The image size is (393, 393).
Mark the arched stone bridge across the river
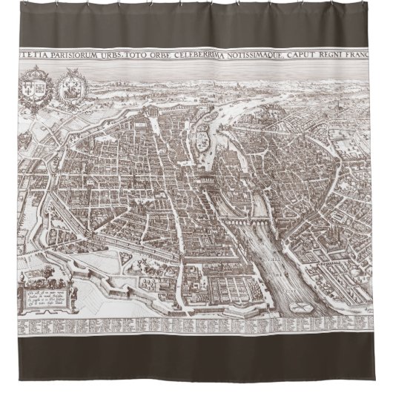[x=244, y=220]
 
